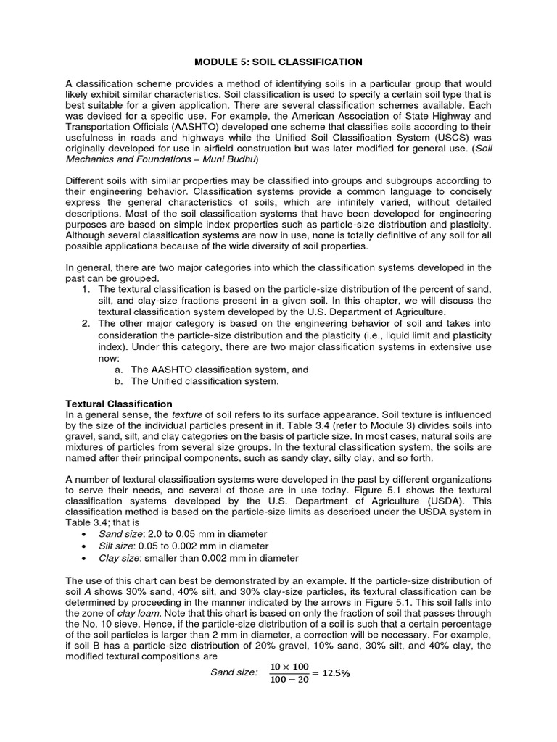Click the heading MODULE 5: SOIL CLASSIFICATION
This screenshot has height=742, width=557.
(x=278, y=62)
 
